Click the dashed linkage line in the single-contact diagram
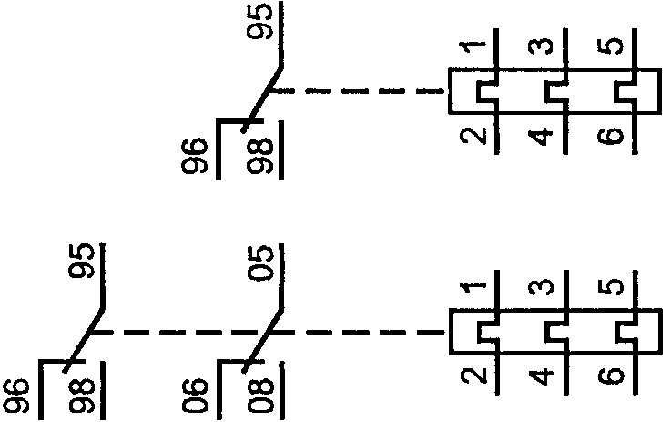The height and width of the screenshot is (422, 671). [364, 91]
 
